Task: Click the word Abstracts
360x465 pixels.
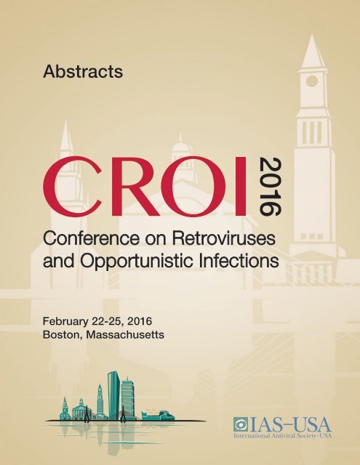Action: pos(83,71)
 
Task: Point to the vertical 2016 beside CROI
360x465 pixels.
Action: pos(271,186)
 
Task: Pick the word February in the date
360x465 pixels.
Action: pos(65,321)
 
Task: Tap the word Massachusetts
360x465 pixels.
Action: pos(124,335)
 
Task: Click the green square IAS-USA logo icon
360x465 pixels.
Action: pos(241,424)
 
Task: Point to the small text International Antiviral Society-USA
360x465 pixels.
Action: pos(282,436)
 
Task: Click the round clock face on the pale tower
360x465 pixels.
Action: pos(311,81)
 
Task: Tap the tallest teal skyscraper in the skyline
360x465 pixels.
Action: pos(113,395)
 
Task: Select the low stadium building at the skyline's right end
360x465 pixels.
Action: pos(158,415)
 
